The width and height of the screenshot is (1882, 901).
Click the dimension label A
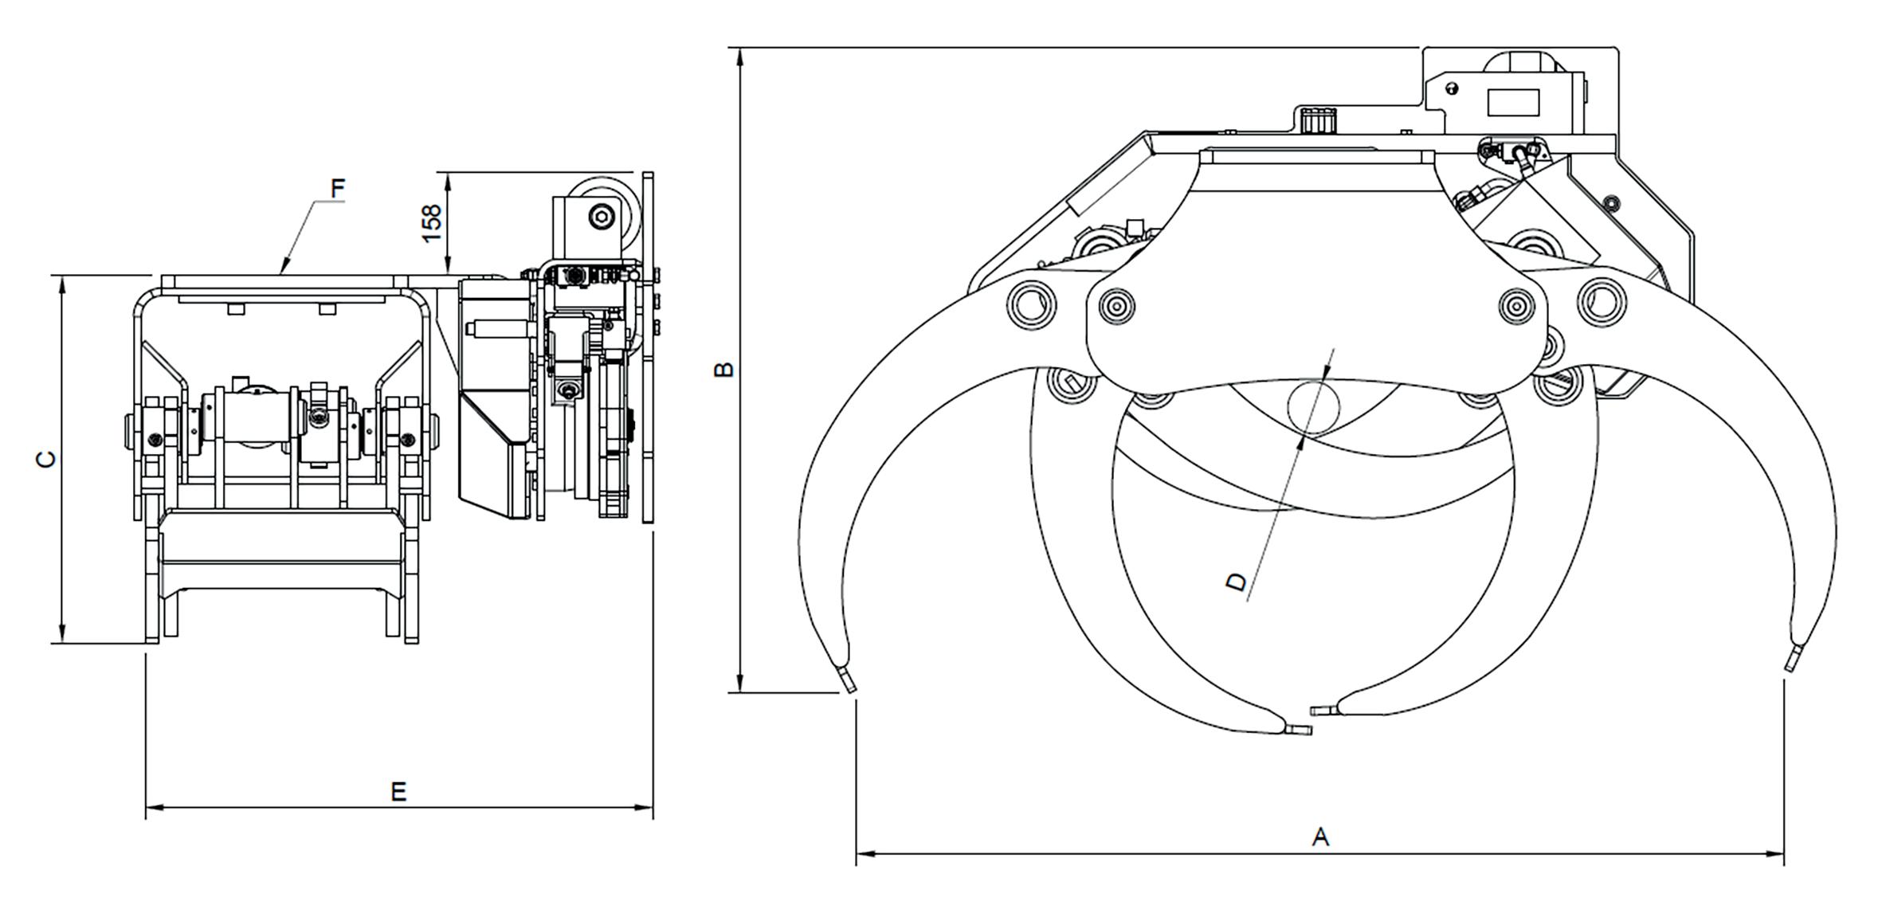(1320, 836)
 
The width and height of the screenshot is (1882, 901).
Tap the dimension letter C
(48, 460)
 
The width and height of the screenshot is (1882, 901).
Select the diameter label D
(1235, 582)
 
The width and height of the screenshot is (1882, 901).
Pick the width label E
(398, 791)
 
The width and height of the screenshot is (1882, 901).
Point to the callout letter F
(338, 189)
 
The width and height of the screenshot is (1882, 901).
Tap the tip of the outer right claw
(1793, 660)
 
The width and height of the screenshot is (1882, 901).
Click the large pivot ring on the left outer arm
(1031, 304)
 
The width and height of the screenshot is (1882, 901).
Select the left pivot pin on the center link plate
(1115, 305)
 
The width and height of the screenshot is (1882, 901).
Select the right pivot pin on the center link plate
(1517, 304)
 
